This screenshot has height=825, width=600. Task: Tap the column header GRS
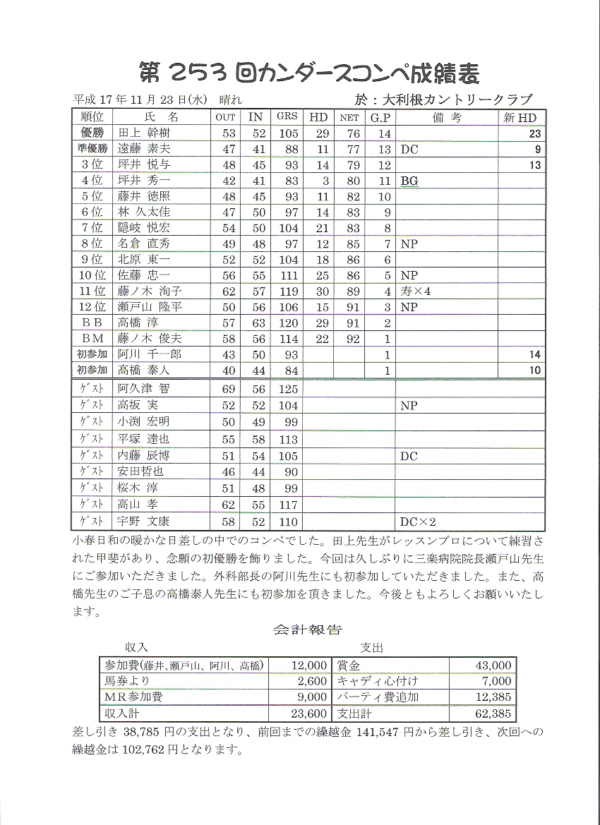coord(287,117)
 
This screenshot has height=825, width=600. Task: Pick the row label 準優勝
coord(92,149)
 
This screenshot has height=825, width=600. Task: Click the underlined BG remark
coord(409,181)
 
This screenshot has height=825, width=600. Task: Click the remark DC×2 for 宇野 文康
coord(418,522)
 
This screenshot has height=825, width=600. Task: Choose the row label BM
coord(92,338)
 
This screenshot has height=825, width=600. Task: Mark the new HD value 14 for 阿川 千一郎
coord(534,354)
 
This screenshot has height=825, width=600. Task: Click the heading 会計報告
coord(307,630)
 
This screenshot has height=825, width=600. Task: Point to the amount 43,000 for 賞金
coord(494,665)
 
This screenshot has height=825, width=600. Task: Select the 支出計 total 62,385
coord(494,713)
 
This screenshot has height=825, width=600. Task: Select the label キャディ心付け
coord(378,681)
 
